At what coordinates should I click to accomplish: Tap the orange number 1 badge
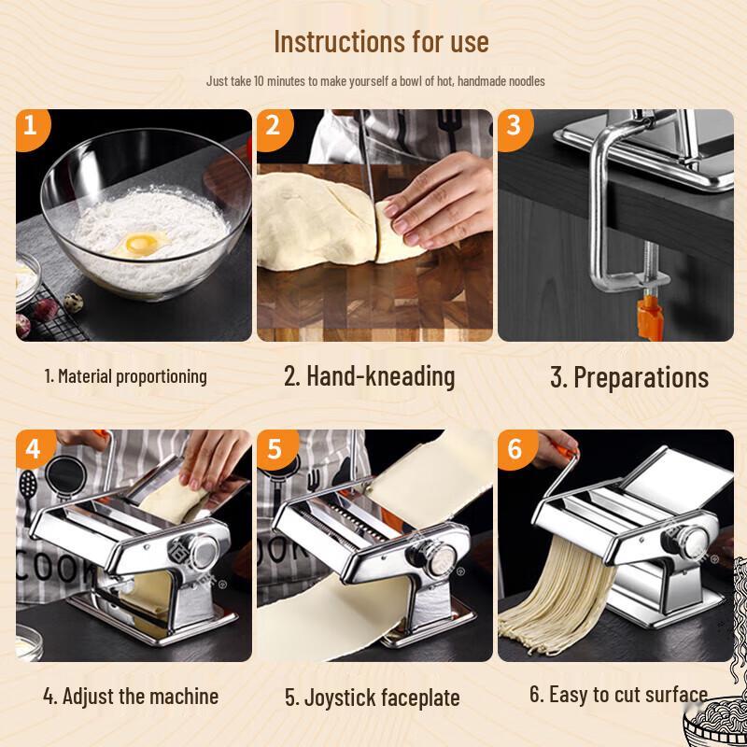pyautogui.click(x=31, y=125)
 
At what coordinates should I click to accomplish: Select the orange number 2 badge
pyautogui.click(x=272, y=125)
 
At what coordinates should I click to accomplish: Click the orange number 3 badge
pyautogui.click(x=513, y=125)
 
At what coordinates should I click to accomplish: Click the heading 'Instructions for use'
pyautogui.click(x=381, y=42)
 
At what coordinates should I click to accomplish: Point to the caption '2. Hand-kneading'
pyautogui.click(x=370, y=376)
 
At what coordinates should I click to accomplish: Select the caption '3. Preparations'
pyautogui.click(x=629, y=377)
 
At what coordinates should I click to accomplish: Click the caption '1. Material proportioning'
pyautogui.click(x=126, y=376)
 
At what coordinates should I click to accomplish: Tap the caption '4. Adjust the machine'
pyautogui.click(x=131, y=696)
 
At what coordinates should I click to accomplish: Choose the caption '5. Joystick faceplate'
pyautogui.click(x=372, y=698)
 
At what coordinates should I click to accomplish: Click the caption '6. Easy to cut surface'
pyautogui.click(x=618, y=694)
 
